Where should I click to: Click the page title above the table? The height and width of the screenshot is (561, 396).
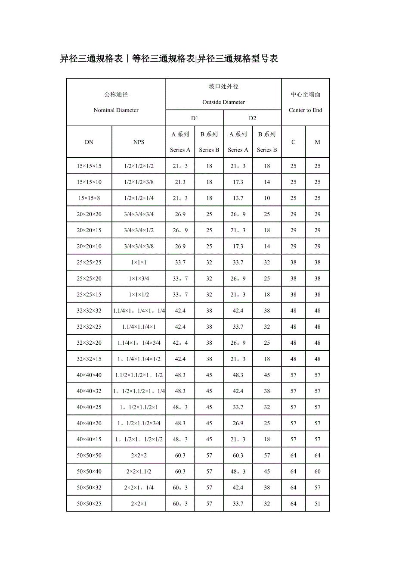pos(169,59)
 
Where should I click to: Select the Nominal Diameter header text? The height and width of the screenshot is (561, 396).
pos(116,110)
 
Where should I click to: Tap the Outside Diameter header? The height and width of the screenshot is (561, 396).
pos(223,102)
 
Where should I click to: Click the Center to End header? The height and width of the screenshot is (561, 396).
pos(305,110)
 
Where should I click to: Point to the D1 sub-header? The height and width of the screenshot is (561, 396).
pos(195,118)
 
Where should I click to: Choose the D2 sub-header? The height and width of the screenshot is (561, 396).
pos(252,118)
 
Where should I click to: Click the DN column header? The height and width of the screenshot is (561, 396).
pos(89,142)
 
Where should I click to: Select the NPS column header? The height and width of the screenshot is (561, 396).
pos(139,142)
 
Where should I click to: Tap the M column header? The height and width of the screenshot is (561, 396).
pos(317,142)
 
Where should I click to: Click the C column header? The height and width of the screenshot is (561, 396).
pos(293,142)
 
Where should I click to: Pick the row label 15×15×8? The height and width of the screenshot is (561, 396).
pos(89,198)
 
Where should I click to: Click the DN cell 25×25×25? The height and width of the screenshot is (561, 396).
pos(89,262)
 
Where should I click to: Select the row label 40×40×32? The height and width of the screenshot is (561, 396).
pos(89,391)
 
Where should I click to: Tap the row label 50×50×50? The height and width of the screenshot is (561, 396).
pos(89,455)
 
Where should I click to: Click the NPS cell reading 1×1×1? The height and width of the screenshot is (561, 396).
pos(139,262)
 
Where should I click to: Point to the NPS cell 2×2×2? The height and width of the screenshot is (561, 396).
pos(139,455)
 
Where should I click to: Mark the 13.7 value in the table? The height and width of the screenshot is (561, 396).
pos(238,198)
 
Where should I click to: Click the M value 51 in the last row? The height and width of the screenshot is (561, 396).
pos(317,504)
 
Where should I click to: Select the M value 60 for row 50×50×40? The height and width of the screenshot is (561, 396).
pos(317,471)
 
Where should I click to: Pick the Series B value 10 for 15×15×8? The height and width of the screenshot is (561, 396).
pos(267,198)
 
